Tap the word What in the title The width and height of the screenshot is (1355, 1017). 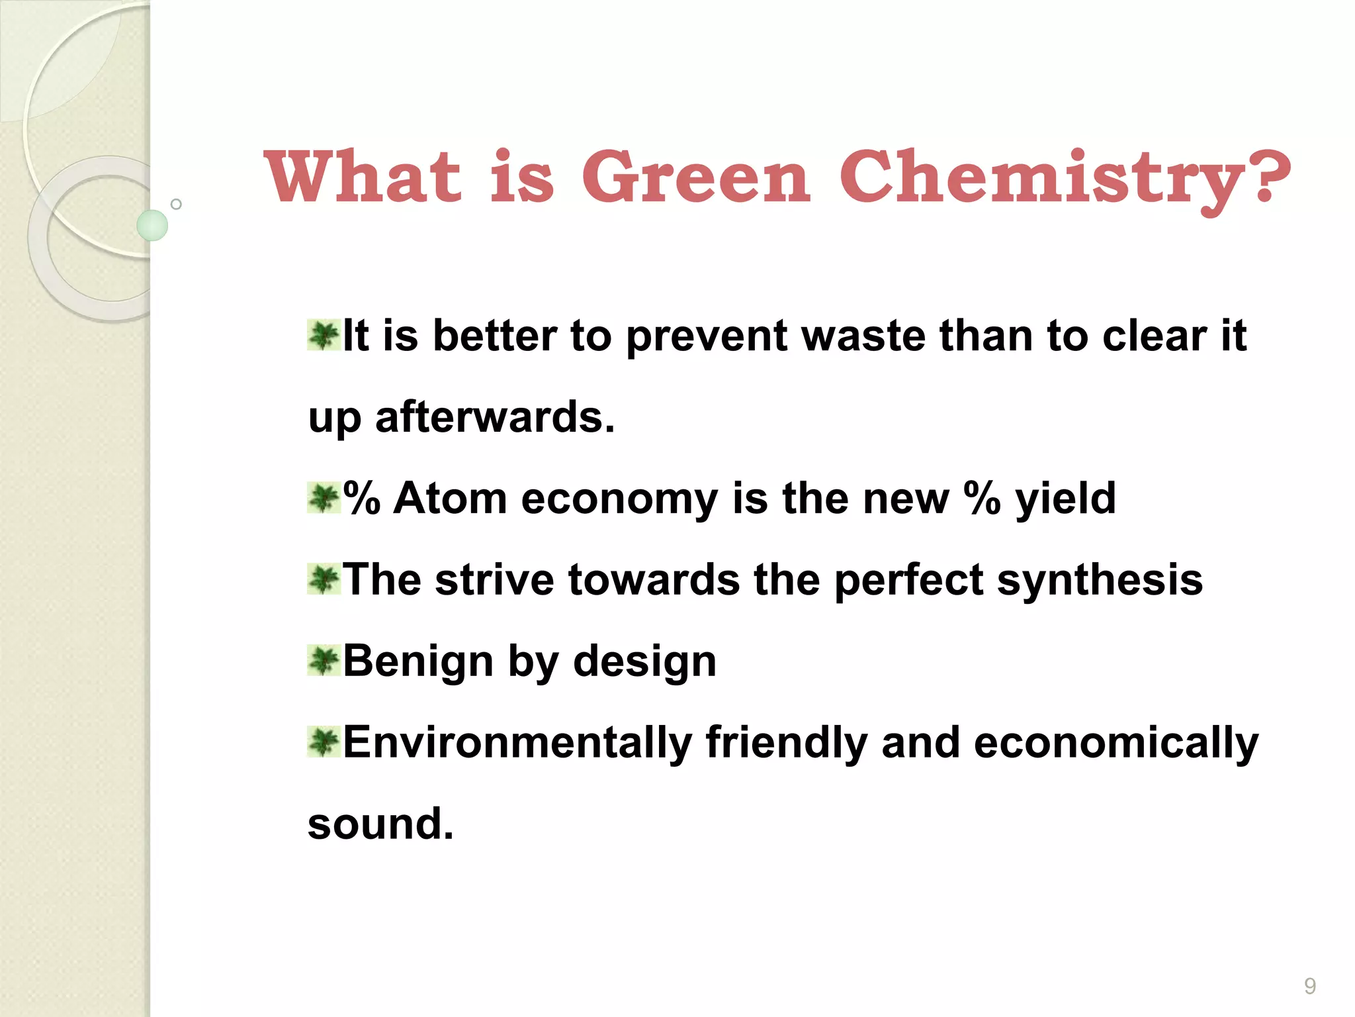coord(362,177)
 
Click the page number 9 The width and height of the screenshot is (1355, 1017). coord(1309,986)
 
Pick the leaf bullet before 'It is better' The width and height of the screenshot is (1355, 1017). coord(324,335)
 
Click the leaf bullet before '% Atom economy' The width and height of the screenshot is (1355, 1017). coord(324,498)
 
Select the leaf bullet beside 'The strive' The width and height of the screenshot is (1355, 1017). coord(324,579)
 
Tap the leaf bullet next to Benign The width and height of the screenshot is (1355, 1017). coord(324,661)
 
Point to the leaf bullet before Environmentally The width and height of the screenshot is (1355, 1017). coord(324,742)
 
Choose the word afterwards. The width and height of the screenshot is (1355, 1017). coord(494,418)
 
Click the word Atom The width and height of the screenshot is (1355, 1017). coord(451,499)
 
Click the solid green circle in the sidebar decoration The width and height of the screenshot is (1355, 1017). coord(152,225)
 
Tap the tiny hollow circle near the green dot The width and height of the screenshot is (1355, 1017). coord(176,204)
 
